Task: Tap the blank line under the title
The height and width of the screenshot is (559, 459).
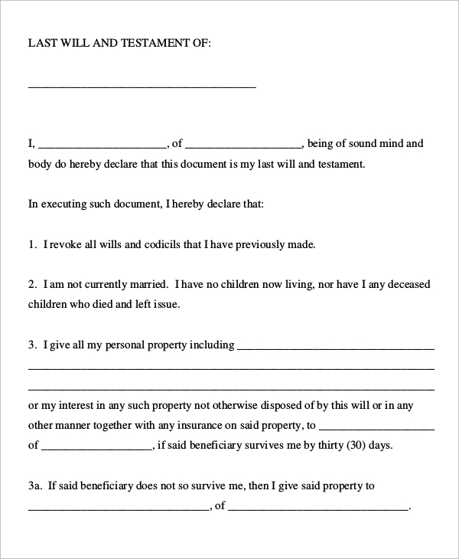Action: (x=142, y=87)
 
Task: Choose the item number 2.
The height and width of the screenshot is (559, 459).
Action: (x=31, y=284)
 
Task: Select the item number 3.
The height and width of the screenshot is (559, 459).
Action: (x=31, y=345)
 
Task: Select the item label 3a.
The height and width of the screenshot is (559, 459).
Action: (x=35, y=485)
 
